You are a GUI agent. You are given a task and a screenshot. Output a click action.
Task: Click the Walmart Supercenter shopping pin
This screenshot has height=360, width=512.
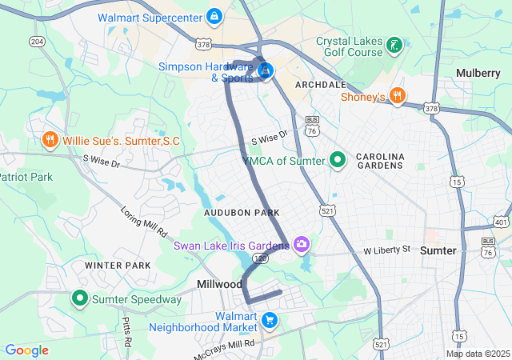(x=214, y=16)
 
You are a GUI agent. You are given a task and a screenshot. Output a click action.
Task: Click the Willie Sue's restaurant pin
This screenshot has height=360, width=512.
(x=50, y=141)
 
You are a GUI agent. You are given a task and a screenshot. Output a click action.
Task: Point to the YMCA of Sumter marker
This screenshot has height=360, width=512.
(x=338, y=161)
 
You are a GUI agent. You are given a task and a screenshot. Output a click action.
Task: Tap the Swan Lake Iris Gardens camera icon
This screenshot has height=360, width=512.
(x=302, y=244)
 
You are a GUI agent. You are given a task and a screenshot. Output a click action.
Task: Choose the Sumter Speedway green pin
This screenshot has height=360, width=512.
(x=80, y=299)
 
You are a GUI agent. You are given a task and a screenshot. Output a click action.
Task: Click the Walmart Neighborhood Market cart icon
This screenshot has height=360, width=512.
(x=270, y=321)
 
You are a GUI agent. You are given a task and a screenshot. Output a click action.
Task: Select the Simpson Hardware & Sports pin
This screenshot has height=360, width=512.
(x=265, y=71)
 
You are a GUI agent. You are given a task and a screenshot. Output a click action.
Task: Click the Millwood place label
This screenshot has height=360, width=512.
(x=219, y=285)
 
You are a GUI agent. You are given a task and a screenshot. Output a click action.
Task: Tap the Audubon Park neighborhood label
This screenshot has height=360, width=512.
(x=242, y=213)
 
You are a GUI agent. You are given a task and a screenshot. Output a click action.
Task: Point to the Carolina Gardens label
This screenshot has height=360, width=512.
(x=381, y=161)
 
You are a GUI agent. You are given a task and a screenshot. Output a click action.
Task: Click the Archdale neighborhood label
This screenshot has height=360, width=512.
(x=321, y=84)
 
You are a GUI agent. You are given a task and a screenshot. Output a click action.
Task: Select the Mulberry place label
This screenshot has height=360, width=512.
(x=478, y=73)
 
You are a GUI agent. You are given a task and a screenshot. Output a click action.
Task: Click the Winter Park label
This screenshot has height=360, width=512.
(x=118, y=265)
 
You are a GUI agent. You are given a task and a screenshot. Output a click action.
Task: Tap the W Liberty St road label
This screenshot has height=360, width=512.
(x=386, y=250)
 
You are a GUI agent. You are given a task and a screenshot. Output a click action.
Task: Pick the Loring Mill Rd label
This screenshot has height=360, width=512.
(x=144, y=222)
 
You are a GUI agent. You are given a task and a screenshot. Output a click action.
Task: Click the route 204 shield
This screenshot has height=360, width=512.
(x=36, y=41)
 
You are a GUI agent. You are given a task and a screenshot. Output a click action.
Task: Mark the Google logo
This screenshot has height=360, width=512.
(x=26, y=350)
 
